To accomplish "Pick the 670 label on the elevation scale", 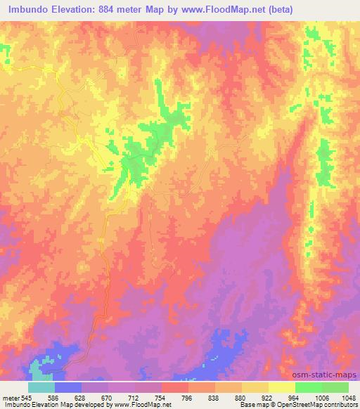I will (108, 398).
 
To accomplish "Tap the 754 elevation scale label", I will (161, 398).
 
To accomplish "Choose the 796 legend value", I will (188, 398).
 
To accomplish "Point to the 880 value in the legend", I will (241, 398).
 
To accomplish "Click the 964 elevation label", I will (295, 398).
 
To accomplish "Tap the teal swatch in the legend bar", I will (41, 387).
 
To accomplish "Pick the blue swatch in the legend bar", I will (68, 387).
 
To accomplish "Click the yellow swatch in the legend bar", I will (282, 387).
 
